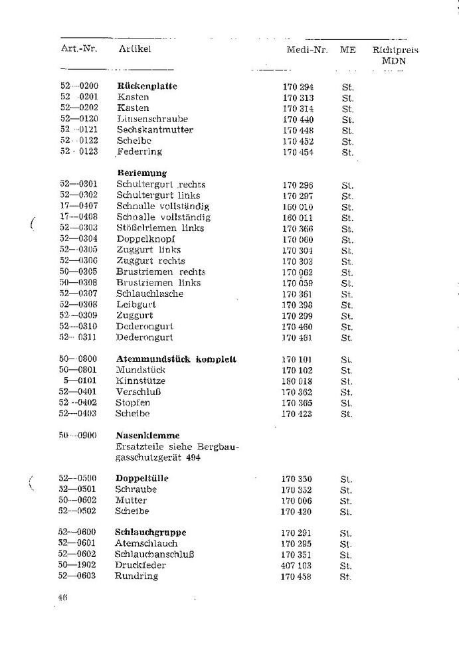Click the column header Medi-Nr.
[304, 50]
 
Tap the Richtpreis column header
[395, 50]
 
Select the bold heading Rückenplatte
[147, 86]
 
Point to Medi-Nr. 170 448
[298, 130]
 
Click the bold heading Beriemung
[141, 173]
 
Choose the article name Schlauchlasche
[150, 293]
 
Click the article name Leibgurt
[136, 305]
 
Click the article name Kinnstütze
[141, 381]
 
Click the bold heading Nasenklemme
[143, 436]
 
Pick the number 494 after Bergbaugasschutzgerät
[192, 457]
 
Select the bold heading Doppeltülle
[142, 479]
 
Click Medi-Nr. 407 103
[297, 566]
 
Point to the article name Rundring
[138, 576]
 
